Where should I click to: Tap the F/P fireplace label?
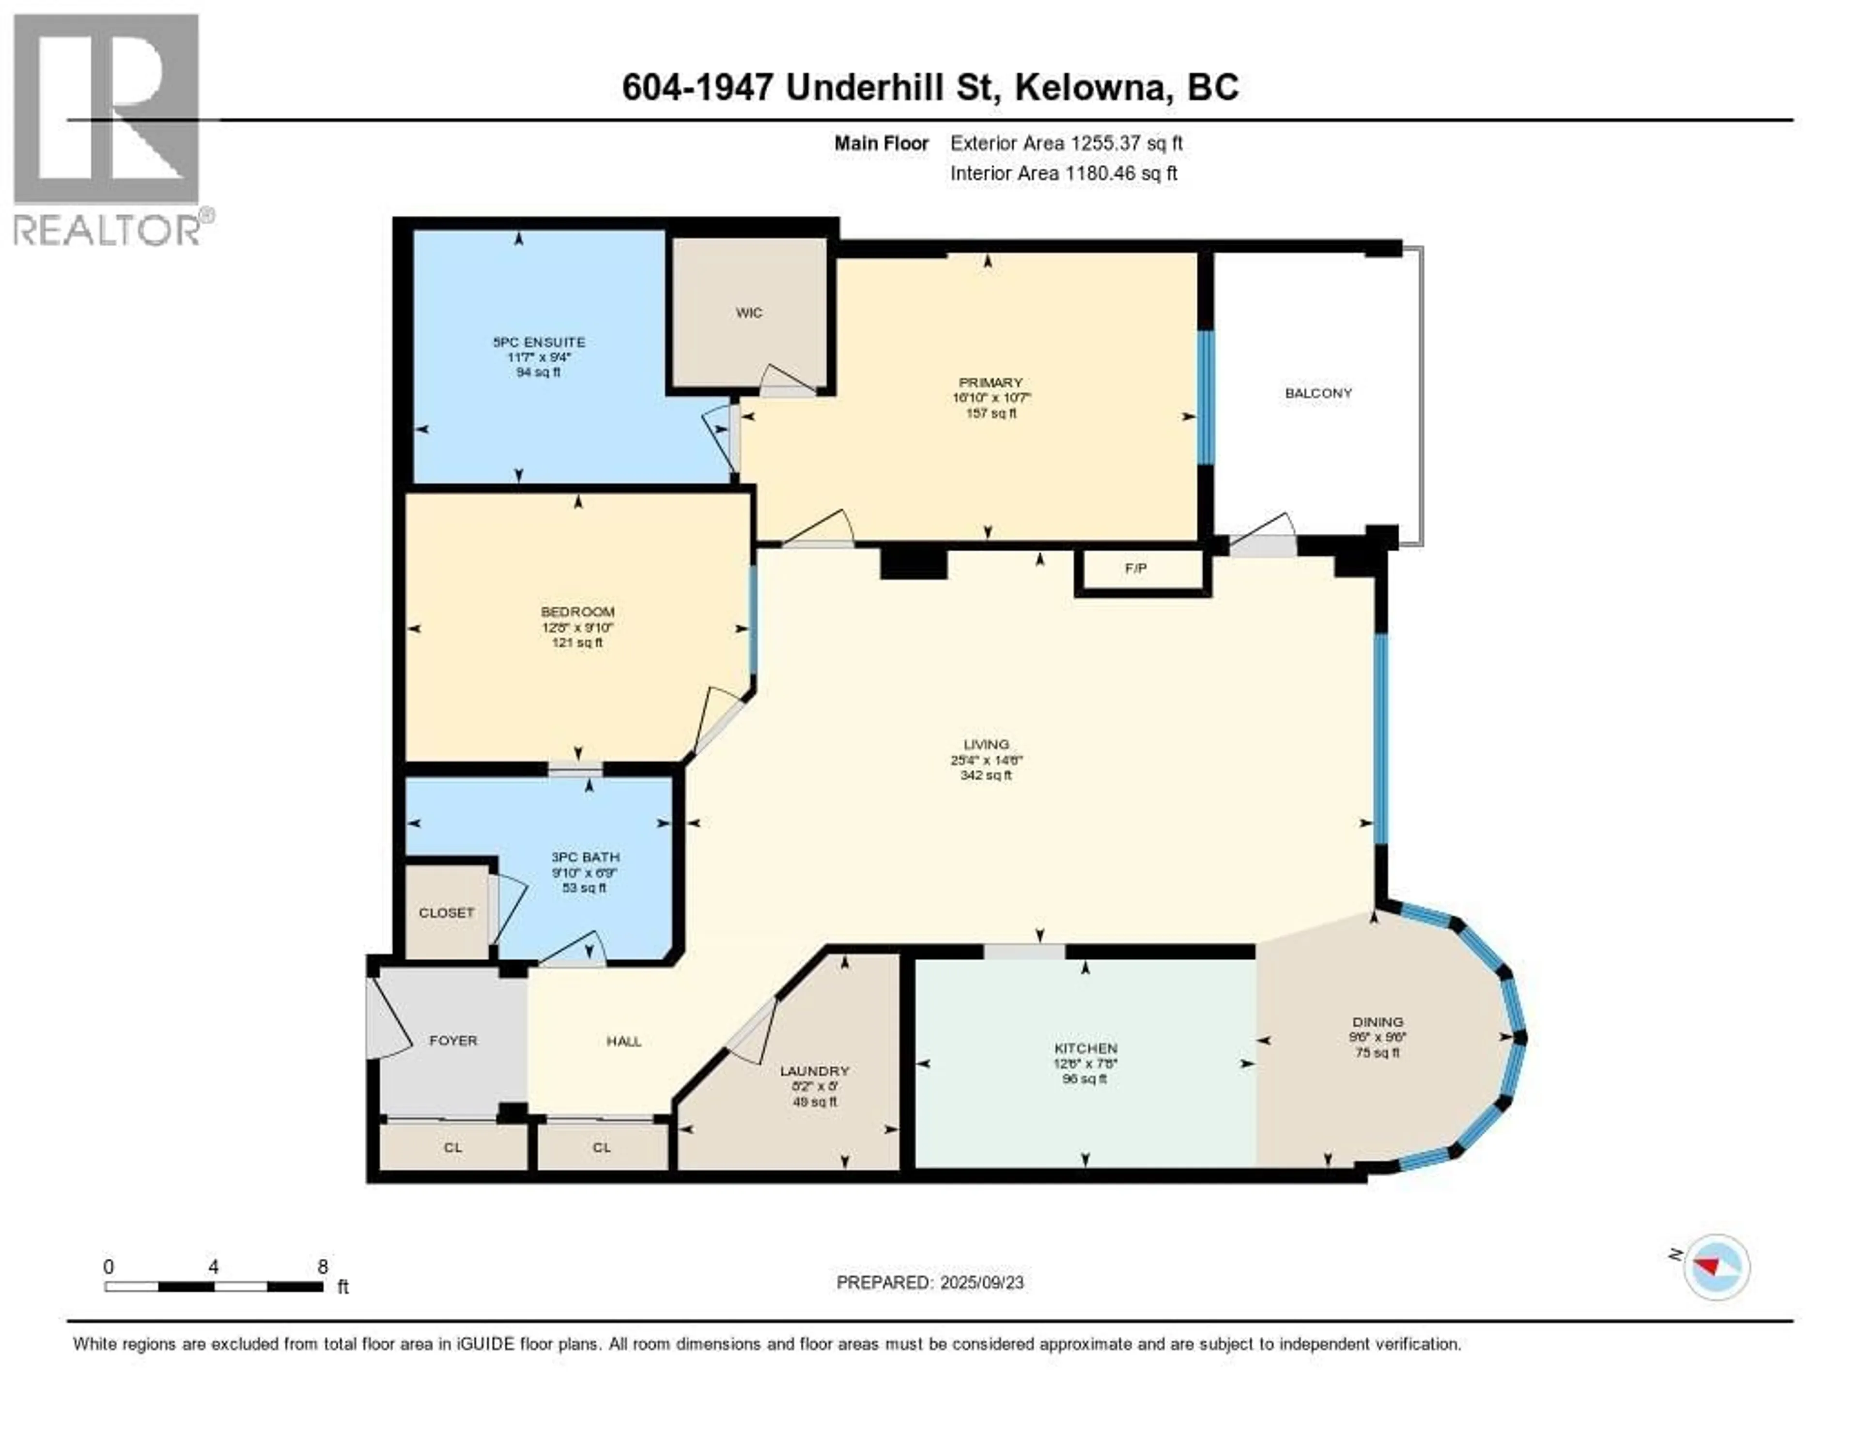[1136, 568]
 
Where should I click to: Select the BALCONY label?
[1318, 393]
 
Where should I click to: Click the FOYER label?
[453, 1040]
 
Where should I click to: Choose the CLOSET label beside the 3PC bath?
[446, 912]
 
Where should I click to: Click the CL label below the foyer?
[453, 1147]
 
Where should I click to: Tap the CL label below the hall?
[602, 1147]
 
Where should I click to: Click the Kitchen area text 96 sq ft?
[1085, 1078]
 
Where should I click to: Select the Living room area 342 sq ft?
[986, 775]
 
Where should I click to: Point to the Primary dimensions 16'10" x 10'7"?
[992, 398]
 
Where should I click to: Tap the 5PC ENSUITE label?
[539, 342]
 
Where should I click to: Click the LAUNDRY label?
[815, 1071]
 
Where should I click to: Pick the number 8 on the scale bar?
[323, 1266]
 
